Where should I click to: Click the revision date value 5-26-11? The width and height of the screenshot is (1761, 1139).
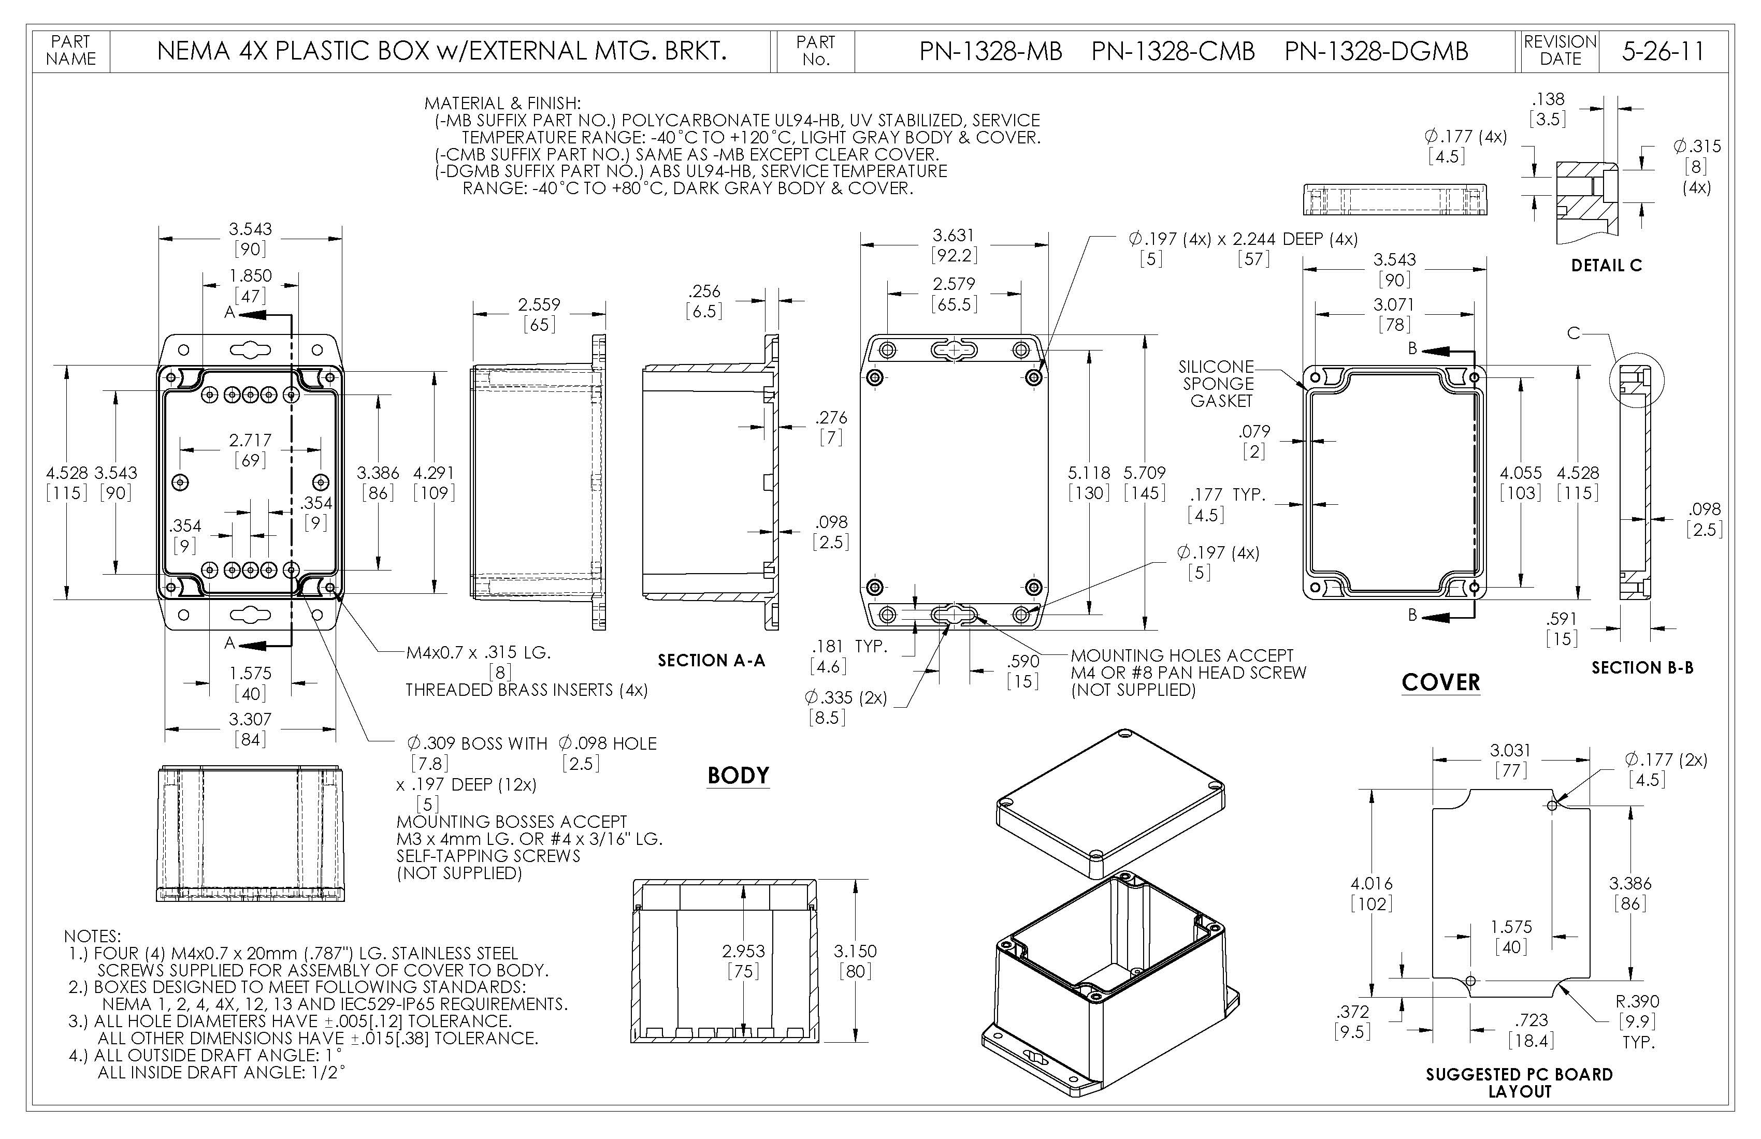pyautogui.click(x=1663, y=51)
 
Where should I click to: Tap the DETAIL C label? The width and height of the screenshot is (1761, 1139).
pyautogui.click(x=1606, y=266)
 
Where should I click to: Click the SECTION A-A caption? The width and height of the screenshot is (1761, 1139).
pyautogui.click(x=711, y=661)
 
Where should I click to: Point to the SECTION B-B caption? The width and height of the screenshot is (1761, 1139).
pyautogui.click(x=1642, y=668)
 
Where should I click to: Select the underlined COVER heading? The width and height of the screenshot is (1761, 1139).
pyautogui.click(x=1440, y=682)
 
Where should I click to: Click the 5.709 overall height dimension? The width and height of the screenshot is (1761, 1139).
pyautogui.click(x=1144, y=473)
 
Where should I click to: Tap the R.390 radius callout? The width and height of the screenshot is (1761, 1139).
pyautogui.click(x=1637, y=1001)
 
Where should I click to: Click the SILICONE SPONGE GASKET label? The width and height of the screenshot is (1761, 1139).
pyautogui.click(x=1217, y=384)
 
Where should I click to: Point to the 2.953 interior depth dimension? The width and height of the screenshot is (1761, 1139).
pyautogui.click(x=743, y=951)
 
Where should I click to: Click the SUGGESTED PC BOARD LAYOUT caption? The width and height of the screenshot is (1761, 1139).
pyautogui.click(x=1519, y=1082)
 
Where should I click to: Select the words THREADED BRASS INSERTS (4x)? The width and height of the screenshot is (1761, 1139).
pyautogui.click(x=526, y=690)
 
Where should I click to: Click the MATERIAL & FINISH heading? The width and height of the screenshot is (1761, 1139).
pyautogui.click(x=502, y=104)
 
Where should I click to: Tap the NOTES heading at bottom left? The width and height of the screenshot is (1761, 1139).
pyautogui.click(x=92, y=937)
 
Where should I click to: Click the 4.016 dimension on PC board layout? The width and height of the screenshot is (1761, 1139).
pyautogui.click(x=1371, y=883)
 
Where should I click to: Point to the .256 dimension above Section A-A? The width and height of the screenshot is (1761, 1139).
pyautogui.click(x=704, y=291)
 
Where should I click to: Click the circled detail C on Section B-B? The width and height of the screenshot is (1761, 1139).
pyautogui.click(x=1637, y=380)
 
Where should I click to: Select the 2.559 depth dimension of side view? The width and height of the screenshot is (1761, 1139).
pyautogui.click(x=539, y=304)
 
